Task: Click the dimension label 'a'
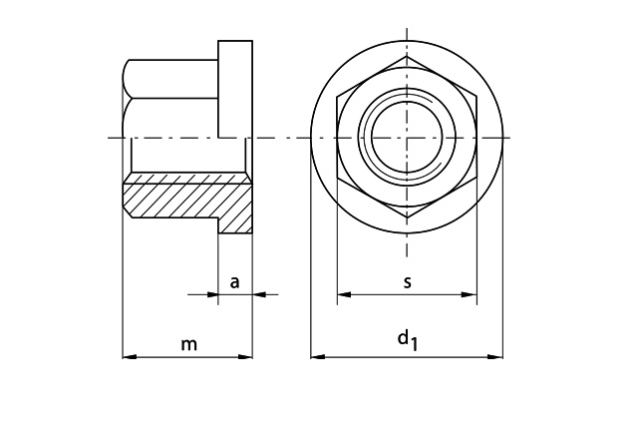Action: pyautogui.click(x=235, y=282)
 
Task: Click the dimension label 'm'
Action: pyautogui.click(x=188, y=345)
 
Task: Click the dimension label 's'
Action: pyautogui.click(x=407, y=282)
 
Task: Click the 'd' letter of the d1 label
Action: pyautogui.click(x=403, y=337)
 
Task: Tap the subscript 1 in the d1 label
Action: pyautogui.click(x=414, y=344)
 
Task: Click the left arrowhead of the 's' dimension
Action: pyautogui.click(x=344, y=294)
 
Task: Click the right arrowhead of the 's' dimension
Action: pyautogui.click(x=470, y=294)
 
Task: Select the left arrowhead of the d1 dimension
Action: pyautogui.click(x=318, y=357)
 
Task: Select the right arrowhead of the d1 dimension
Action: pyautogui.click(x=495, y=357)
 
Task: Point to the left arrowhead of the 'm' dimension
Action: pyautogui.click(x=130, y=357)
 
